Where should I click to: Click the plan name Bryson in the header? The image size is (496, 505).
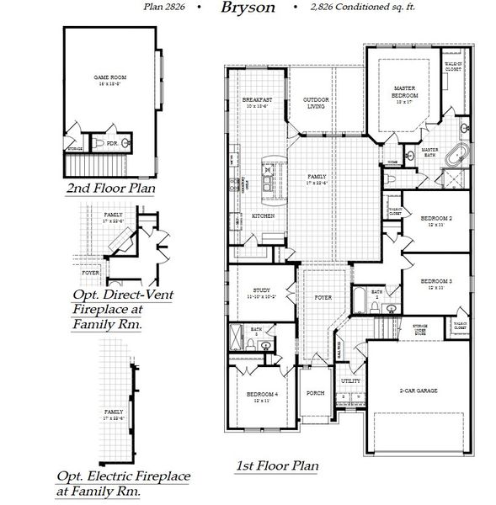(x=247, y=8)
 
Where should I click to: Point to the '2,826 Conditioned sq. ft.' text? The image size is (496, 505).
(x=346, y=9)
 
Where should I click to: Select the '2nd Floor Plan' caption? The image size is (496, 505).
(x=111, y=189)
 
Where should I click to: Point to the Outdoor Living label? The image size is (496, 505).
(x=315, y=103)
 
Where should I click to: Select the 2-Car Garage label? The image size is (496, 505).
(x=417, y=391)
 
